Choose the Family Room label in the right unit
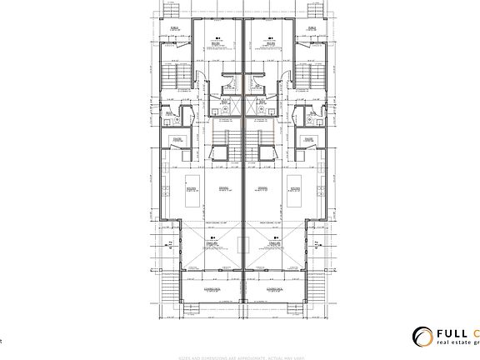(272, 242)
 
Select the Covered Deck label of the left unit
(216, 289)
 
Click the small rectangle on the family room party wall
(242, 244)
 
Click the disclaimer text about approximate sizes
(240, 355)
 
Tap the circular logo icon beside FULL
(422, 337)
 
